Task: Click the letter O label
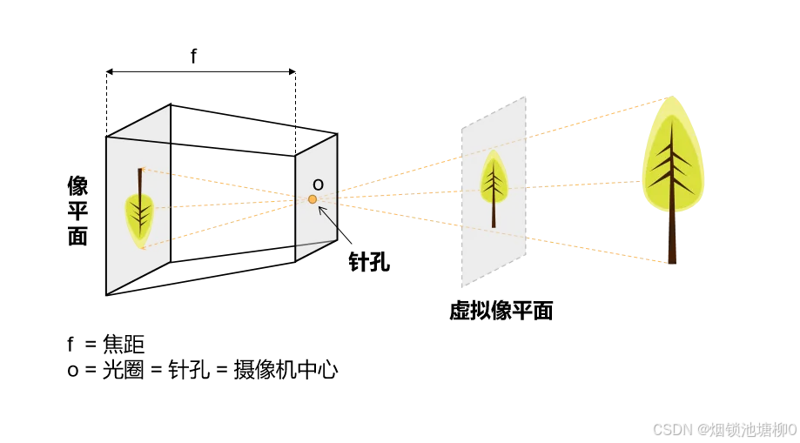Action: click(318, 185)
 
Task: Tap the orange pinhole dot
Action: click(313, 199)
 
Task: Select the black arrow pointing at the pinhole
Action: click(326, 215)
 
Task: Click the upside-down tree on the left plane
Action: click(139, 210)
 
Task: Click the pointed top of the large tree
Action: click(671, 99)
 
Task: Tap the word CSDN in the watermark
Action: click(671, 429)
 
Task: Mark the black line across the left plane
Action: click(138, 139)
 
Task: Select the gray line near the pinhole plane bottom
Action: click(315, 244)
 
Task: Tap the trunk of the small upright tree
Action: click(494, 215)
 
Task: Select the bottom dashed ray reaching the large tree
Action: click(601, 247)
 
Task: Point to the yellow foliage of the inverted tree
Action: click(139, 218)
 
